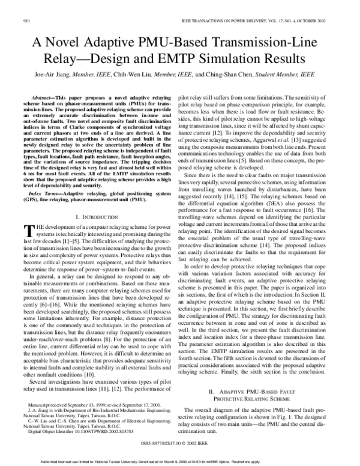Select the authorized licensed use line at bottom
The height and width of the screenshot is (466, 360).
click(x=180, y=461)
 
